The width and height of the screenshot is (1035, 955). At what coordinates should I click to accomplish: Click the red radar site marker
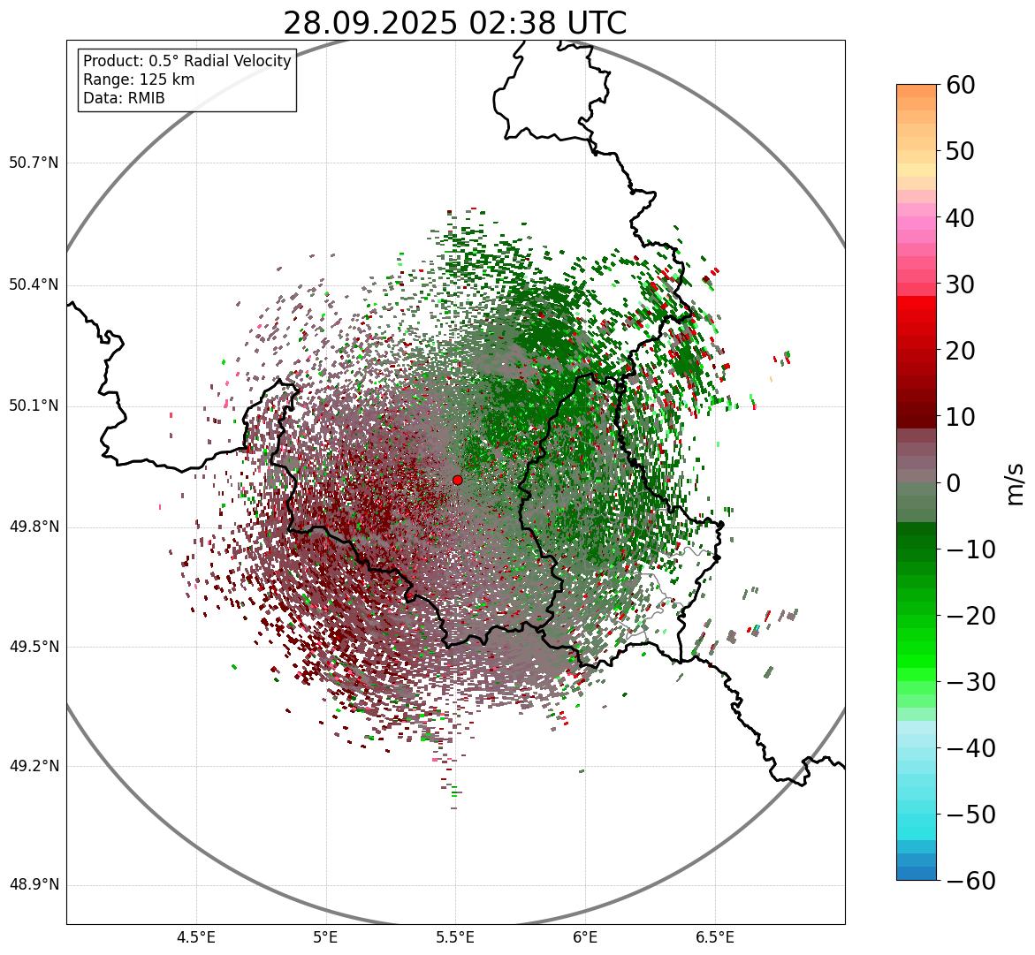pyautogui.click(x=457, y=480)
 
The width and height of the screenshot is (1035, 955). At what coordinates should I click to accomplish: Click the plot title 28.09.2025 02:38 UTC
pyautogui.click(x=454, y=23)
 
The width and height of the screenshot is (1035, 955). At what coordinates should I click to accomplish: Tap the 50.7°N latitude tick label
pyautogui.click(x=34, y=163)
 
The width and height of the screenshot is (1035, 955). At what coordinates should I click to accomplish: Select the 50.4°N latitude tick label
pyautogui.click(x=34, y=284)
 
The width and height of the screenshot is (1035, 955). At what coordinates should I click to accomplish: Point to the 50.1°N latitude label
pyautogui.click(x=34, y=406)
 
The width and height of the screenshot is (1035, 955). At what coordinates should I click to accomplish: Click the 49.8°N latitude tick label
pyautogui.click(x=34, y=527)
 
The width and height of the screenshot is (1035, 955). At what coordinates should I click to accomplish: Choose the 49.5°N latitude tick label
pyautogui.click(x=34, y=647)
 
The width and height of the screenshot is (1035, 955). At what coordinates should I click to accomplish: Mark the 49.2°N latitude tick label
pyautogui.click(x=34, y=766)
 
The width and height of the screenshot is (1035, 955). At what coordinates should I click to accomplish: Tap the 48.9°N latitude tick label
pyautogui.click(x=34, y=885)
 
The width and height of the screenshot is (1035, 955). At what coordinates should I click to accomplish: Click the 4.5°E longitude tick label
pyautogui.click(x=196, y=937)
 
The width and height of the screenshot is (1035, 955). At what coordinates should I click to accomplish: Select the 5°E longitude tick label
pyautogui.click(x=326, y=937)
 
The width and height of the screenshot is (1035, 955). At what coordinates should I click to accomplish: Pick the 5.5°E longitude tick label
pyautogui.click(x=455, y=937)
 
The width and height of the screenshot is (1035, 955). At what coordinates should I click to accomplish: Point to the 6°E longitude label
pyautogui.click(x=585, y=937)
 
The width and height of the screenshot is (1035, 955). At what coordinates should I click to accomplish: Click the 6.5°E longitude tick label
pyautogui.click(x=714, y=937)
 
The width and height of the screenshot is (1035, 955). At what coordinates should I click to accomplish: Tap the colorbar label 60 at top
pyautogui.click(x=961, y=85)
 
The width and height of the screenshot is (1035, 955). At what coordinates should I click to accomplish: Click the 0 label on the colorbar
pyautogui.click(x=953, y=483)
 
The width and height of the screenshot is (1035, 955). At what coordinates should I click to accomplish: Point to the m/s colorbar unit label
pyautogui.click(x=1015, y=483)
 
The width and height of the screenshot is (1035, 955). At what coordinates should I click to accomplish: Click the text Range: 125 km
pyautogui.click(x=139, y=80)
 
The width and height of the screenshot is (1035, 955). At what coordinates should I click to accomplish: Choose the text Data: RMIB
pyautogui.click(x=124, y=98)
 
